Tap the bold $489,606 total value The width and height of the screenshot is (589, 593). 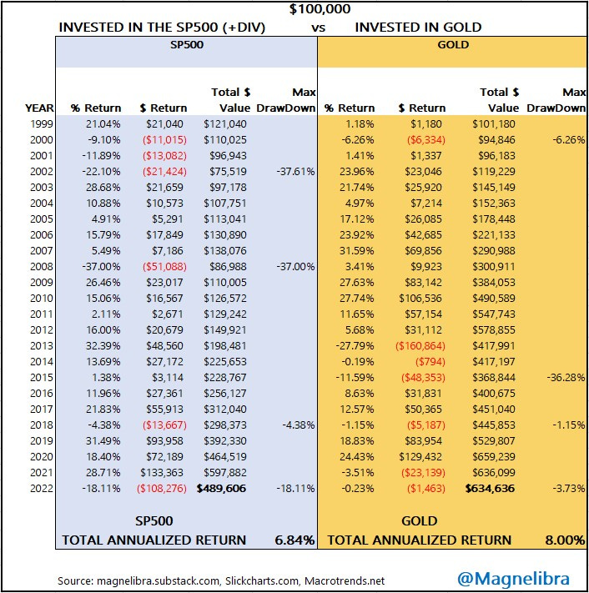222,489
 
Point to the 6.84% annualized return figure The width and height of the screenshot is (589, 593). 294,540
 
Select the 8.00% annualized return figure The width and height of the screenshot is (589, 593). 565,540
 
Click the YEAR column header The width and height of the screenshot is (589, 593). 39,108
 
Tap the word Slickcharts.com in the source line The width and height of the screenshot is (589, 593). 258,580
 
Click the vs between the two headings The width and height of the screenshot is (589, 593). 318,27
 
